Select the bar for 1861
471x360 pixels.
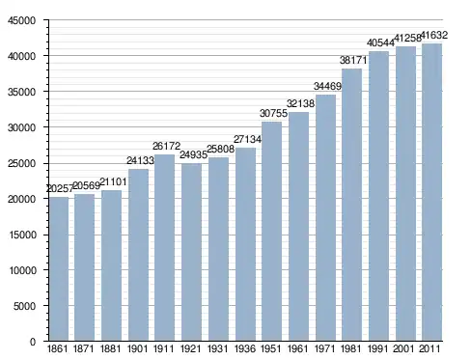(x=59, y=269)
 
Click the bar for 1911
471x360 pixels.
(x=164, y=248)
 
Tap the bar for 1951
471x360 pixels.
(x=271, y=232)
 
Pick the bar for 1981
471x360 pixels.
(x=351, y=205)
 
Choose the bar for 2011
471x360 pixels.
(x=431, y=192)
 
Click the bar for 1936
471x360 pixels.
(x=245, y=244)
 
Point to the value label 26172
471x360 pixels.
(x=166, y=146)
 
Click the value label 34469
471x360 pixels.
(x=327, y=86)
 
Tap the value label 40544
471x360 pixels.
(x=380, y=42)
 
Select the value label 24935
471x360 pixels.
(x=193, y=154)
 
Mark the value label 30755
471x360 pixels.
(x=273, y=113)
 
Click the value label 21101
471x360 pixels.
(x=113, y=182)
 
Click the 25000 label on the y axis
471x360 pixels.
(x=22, y=163)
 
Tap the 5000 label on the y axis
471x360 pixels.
(x=24, y=306)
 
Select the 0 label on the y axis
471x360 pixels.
(x=33, y=342)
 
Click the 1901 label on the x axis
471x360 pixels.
(x=137, y=348)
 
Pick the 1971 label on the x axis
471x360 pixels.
(x=324, y=348)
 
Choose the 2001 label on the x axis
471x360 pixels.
(x=403, y=348)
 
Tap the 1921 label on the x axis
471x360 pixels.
(x=190, y=348)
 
